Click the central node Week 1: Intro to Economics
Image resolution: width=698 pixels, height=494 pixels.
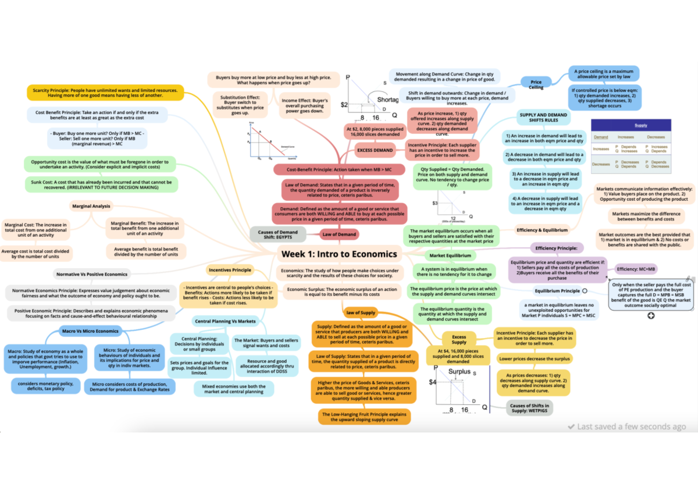coord(339,254)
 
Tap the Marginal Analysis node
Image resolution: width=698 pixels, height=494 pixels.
coord(91,205)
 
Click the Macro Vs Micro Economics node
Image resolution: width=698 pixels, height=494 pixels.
coord(90,331)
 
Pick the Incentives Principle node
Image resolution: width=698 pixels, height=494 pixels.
coord(229,270)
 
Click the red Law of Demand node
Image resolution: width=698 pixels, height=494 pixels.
coord(339,234)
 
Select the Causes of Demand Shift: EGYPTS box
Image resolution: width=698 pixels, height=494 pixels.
coord(278,235)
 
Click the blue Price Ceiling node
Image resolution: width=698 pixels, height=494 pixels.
coord(536,85)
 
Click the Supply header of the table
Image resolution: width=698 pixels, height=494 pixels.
coord(640,125)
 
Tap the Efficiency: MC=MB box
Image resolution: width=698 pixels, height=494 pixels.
coord(636,269)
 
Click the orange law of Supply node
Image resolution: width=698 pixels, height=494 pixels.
coord(360,312)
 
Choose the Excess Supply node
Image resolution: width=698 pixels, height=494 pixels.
coord(459,339)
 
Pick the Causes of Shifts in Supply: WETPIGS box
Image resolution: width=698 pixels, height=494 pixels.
coord(529,408)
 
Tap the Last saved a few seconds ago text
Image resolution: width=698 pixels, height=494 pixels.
coord(626,427)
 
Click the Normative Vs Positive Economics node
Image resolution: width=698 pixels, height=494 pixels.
coord(91,273)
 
